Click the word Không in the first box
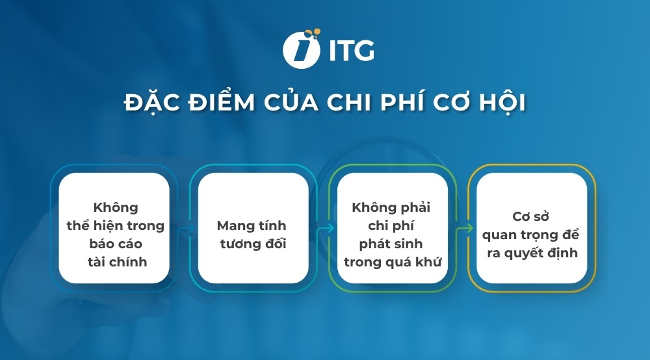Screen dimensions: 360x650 116,208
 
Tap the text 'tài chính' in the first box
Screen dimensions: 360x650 116,262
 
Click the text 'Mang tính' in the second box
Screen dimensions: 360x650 252,226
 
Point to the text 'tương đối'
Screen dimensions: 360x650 252,244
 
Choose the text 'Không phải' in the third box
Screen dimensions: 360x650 391,208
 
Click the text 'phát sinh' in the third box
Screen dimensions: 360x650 391,244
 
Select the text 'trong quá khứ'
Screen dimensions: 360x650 391,262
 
